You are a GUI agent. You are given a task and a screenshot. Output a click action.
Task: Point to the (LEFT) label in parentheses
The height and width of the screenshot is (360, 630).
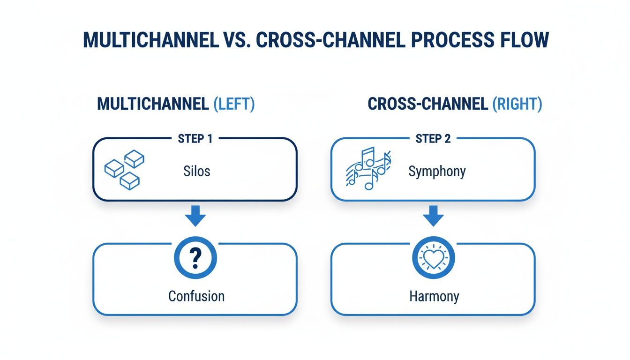point(234,104)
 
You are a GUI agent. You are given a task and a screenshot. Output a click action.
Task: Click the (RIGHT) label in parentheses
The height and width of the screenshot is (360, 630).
point(517,104)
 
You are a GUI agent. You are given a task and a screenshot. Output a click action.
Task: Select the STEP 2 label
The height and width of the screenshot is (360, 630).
point(433,139)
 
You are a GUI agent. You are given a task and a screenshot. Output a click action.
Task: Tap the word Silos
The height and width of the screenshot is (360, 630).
point(197,171)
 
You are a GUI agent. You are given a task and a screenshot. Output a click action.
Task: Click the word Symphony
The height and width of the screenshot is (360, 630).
point(437,172)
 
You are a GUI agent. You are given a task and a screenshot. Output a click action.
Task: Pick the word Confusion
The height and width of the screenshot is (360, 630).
point(196,296)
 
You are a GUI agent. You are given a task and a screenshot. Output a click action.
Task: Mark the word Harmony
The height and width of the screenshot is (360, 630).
point(434,296)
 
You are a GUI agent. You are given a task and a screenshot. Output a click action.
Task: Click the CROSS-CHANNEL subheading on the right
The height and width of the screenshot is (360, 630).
point(427,104)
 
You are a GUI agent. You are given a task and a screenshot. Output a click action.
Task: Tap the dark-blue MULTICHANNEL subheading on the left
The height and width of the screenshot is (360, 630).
point(153,104)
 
